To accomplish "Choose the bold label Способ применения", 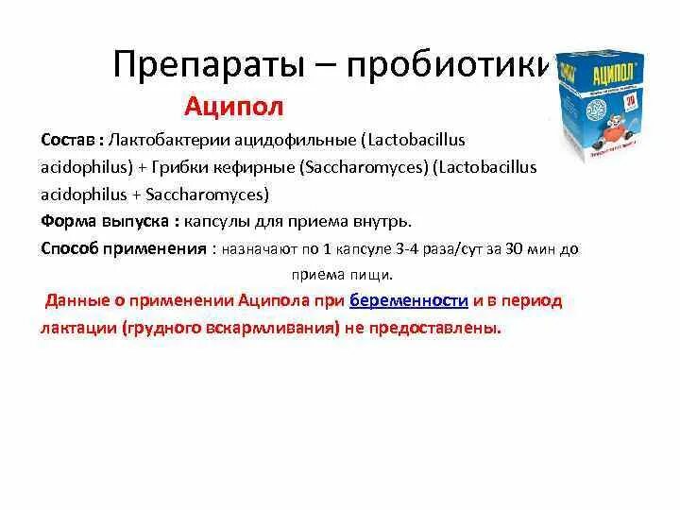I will (x=123, y=248).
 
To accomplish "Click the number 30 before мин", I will (x=513, y=249).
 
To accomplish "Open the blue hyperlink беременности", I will (x=409, y=301).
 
